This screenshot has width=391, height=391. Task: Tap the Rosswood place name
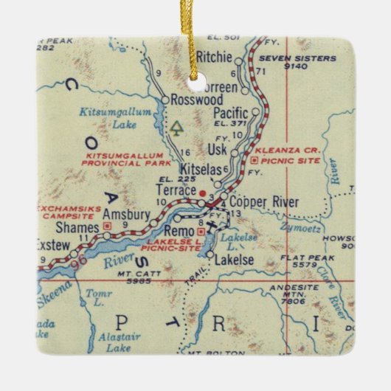click(x=192, y=99)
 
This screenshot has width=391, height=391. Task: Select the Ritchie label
click(x=215, y=57)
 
